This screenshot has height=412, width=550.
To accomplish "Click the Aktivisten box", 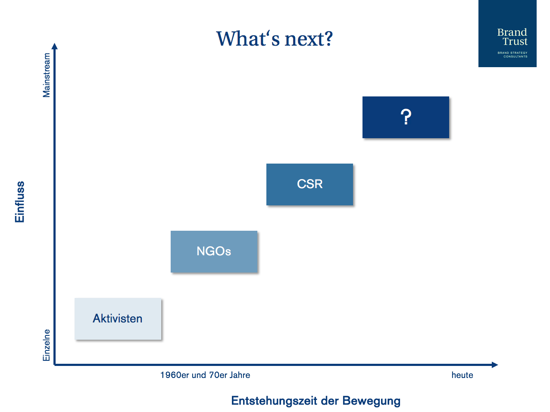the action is click(118, 319).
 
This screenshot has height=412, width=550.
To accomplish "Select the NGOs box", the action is click(214, 251).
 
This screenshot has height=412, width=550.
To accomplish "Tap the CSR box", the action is click(309, 184).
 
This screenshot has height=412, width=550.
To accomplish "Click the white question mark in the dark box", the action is click(406, 117).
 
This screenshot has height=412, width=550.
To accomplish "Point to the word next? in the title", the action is click(309, 39).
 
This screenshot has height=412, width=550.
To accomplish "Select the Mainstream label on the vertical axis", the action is click(47, 75).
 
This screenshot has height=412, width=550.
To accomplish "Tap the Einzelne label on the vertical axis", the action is click(47, 345).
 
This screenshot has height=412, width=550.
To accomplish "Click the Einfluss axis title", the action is click(19, 201).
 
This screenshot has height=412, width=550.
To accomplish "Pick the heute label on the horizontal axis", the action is click(462, 375).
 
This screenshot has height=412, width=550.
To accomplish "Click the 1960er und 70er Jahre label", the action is click(205, 375).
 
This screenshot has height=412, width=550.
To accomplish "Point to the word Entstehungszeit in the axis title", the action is click(274, 400).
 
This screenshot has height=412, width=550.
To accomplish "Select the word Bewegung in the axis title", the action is click(372, 401).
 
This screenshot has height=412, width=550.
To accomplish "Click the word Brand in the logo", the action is click(512, 32).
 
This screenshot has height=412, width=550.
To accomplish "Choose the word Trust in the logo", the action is click(515, 41).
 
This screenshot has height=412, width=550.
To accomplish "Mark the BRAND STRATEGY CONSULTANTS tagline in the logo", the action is click(512, 55).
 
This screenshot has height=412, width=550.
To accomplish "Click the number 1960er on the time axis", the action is click(175, 375).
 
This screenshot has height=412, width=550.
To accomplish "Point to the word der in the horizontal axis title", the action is click(330, 400).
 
